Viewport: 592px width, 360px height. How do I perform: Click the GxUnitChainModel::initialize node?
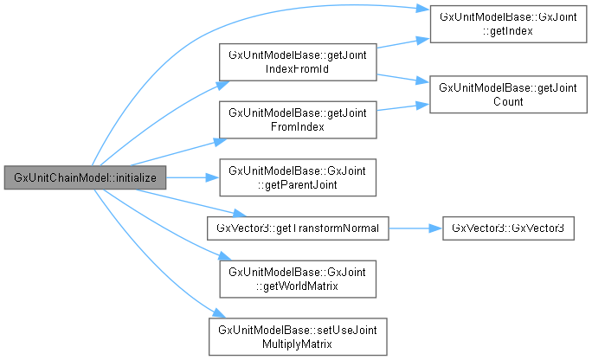coord(84,177)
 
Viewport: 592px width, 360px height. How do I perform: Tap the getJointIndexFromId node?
coord(297,61)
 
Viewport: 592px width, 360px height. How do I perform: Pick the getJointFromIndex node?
coord(297,119)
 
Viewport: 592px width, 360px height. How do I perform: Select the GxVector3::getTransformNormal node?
coord(297,228)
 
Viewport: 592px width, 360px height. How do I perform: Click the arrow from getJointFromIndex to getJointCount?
coord(402,107)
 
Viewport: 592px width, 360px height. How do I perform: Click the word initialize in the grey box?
coord(137,177)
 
